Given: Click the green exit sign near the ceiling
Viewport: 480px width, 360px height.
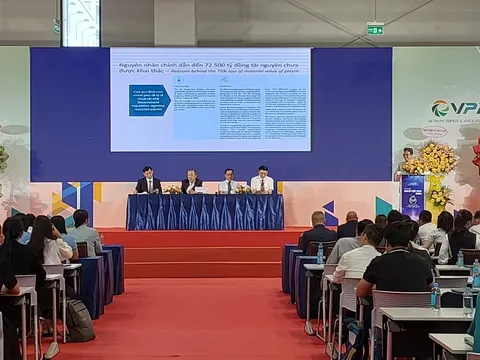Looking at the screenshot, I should (375, 29).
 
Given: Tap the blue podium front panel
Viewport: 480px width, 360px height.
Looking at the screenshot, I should (412, 196).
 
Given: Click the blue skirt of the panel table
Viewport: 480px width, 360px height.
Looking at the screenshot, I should (205, 212).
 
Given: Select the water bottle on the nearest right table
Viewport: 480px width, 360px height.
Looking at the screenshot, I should (435, 295).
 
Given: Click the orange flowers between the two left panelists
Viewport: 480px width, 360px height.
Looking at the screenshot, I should (172, 189).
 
